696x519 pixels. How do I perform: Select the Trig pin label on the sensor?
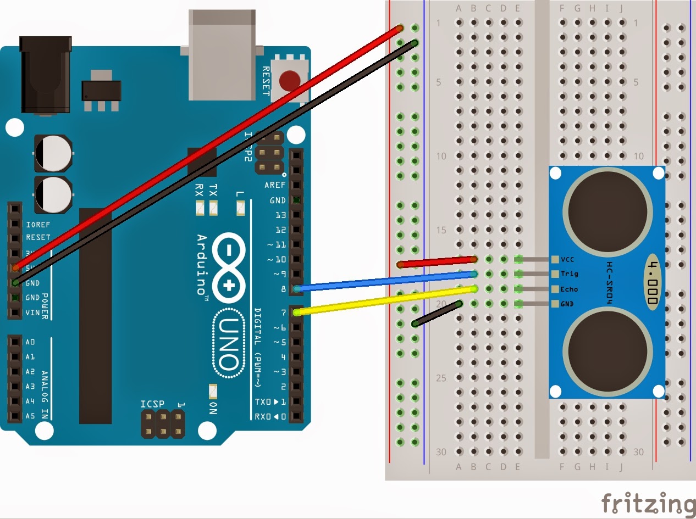569,274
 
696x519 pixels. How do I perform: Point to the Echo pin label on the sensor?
569,289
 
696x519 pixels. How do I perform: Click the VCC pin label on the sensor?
567,259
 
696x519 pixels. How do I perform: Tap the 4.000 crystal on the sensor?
652,281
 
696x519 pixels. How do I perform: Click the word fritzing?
648,504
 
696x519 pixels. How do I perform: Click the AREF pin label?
275,185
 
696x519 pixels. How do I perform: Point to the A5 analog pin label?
30,416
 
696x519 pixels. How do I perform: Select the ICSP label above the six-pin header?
152,404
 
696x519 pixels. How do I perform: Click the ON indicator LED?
212,391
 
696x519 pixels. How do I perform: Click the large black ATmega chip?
95,316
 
